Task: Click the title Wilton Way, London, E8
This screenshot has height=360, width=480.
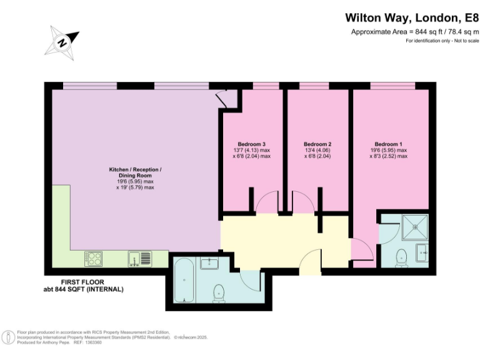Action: [x=411, y=19]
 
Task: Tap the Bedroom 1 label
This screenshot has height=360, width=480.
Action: [x=388, y=143]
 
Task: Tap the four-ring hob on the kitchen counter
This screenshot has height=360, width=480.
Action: [x=94, y=258]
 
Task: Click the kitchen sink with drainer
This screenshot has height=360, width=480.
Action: [x=139, y=258]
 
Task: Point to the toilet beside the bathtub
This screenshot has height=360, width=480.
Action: [x=219, y=291]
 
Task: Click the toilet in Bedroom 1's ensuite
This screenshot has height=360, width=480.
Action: [x=402, y=256]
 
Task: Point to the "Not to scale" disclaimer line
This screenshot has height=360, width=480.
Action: [x=442, y=41]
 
